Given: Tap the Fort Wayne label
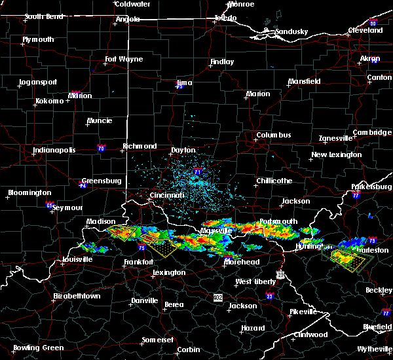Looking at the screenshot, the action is [124, 60].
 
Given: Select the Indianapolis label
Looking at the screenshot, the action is [54, 150].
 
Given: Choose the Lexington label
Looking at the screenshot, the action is [170, 272].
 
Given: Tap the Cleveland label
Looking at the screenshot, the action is [365, 31].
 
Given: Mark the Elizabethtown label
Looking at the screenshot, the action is [77, 296].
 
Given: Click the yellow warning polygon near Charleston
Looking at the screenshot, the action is [344, 257].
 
